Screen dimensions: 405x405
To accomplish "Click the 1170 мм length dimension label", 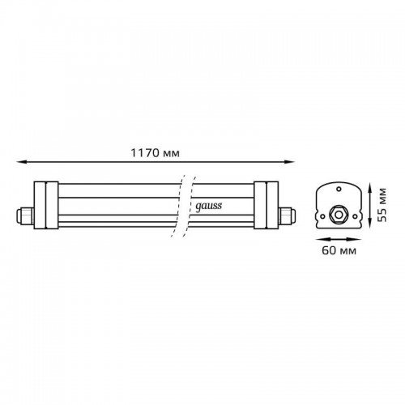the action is [155, 153].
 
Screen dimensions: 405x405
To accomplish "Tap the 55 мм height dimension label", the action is [382, 205].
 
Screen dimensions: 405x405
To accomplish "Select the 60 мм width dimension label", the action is [339, 250].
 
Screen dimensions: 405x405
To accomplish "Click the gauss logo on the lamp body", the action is [208, 207].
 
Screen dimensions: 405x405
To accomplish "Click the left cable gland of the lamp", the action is [25, 215].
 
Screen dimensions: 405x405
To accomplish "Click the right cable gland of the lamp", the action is [287, 215].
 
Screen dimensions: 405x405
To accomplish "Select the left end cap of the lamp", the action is [46, 205].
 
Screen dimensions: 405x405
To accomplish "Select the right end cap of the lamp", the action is [266, 205].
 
